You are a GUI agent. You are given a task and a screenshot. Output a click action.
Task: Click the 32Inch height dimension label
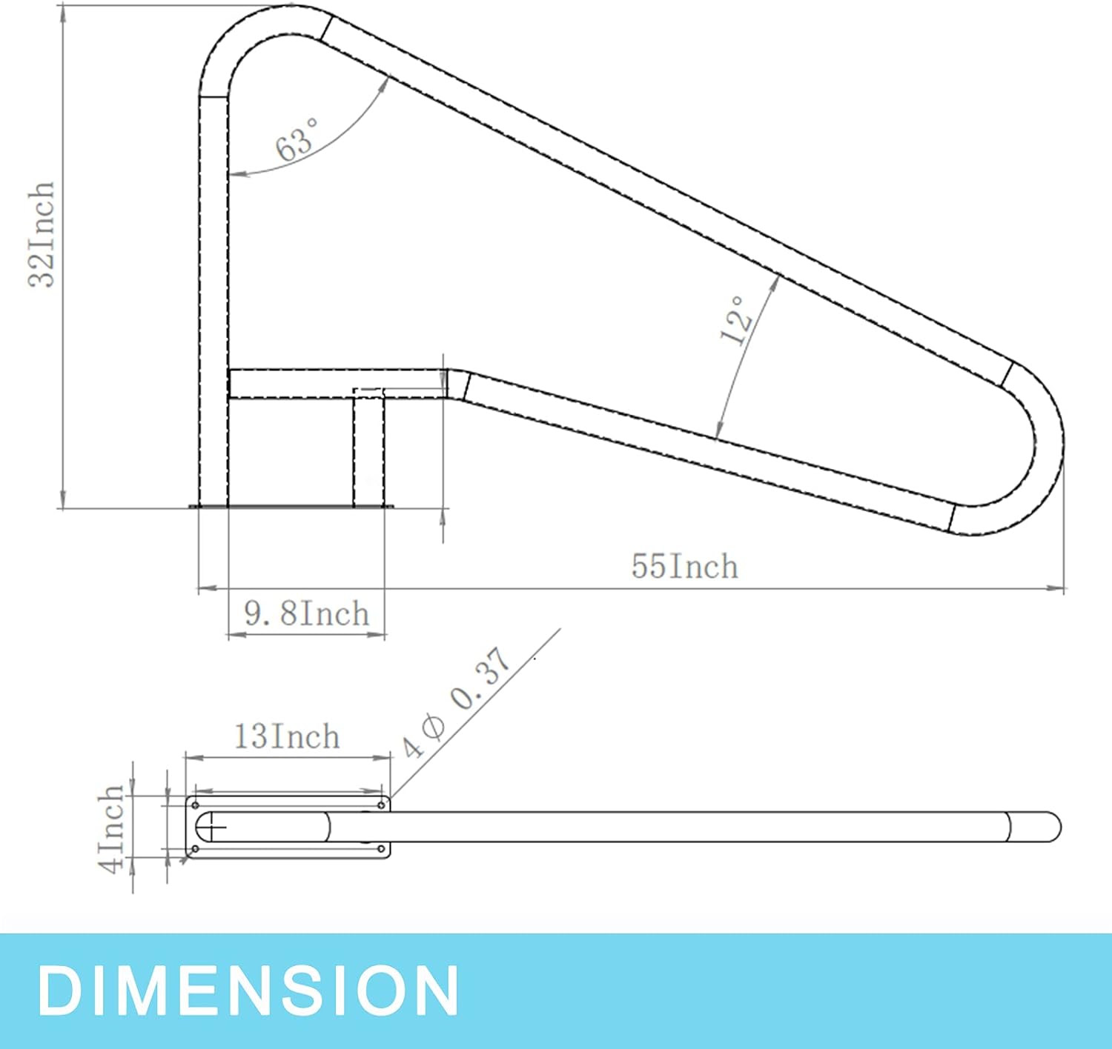pyautogui.click(x=41, y=234)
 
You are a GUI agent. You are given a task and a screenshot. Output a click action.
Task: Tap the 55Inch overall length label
pyautogui.click(x=684, y=567)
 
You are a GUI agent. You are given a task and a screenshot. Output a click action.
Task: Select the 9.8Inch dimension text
pyautogui.click(x=306, y=614)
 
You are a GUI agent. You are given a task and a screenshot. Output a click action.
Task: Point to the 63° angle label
pyautogui.click(x=297, y=139)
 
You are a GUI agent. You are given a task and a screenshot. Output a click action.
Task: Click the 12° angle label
pyautogui.click(x=736, y=320)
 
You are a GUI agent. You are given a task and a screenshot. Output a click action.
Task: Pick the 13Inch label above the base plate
pyautogui.click(x=287, y=737)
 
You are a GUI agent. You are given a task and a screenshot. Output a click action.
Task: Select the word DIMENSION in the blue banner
pyautogui.click(x=248, y=990)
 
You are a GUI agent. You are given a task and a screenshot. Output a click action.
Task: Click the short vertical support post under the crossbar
pyautogui.click(x=368, y=452)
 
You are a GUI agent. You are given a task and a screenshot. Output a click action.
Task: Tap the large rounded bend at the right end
pyautogui.click(x=1038, y=444)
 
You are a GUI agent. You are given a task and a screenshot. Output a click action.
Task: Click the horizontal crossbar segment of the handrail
pyautogui.click(x=334, y=384)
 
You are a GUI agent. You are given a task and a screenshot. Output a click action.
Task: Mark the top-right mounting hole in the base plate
pyautogui.click(x=381, y=805)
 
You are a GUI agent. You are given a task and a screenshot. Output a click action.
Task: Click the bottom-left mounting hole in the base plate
pyautogui.click(x=195, y=849)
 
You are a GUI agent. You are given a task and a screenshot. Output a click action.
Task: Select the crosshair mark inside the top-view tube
pyautogui.click(x=214, y=827)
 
